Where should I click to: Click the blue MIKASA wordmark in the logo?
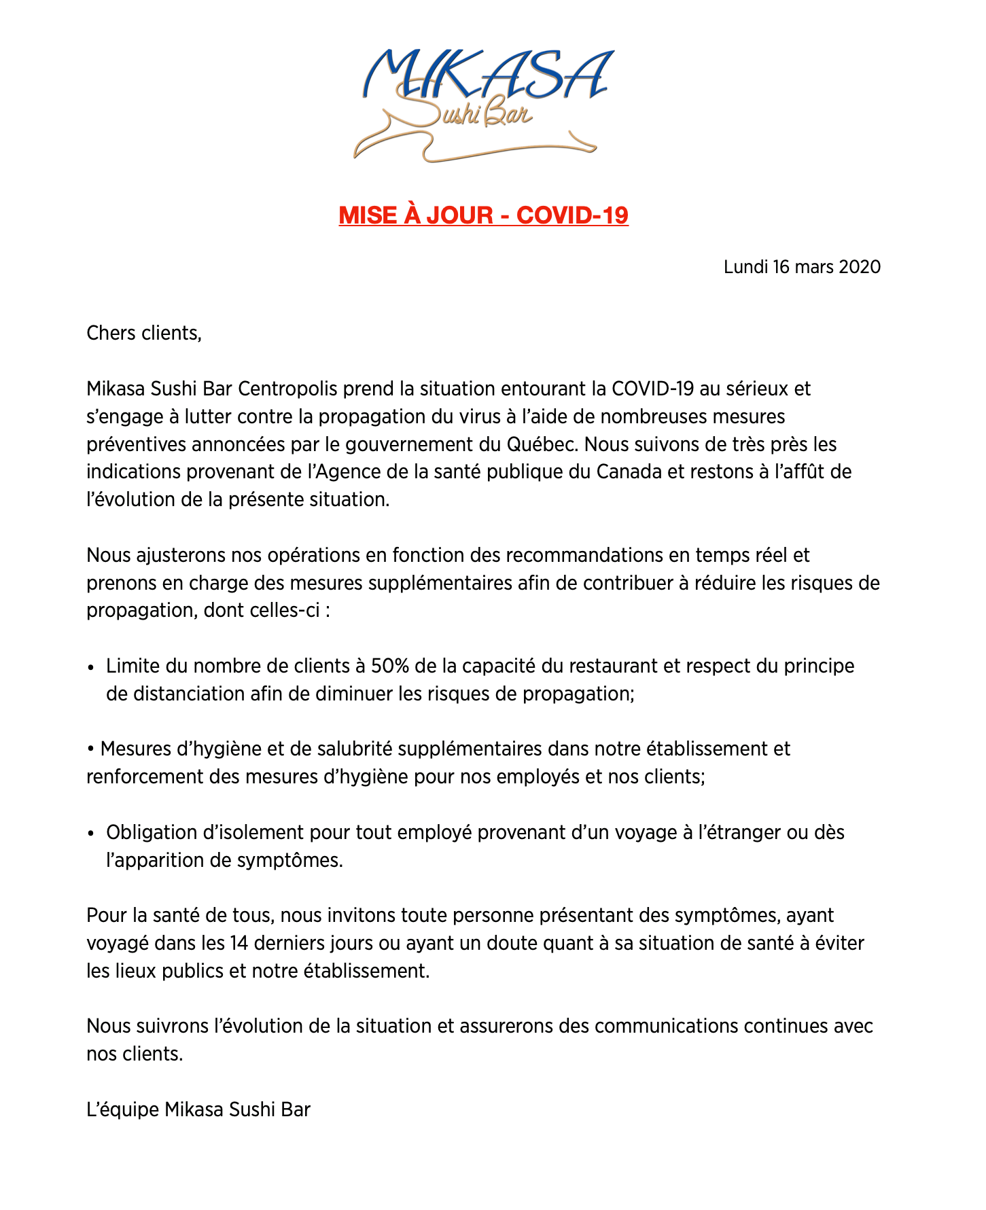pyautogui.click(x=487, y=73)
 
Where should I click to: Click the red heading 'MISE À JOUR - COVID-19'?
pyautogui.click(x=483, y=215)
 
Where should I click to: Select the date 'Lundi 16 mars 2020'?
pyautogui.click(x=802, y=267)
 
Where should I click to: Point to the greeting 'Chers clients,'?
pyautogui.click(x=144, y=334)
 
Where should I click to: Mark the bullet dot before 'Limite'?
pyautogui.click(x=91, y=667)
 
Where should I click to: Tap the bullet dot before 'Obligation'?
pyautogui.click(x=91, y=834)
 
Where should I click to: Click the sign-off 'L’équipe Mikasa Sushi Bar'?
pyautogui.click(x=198, y=1110)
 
